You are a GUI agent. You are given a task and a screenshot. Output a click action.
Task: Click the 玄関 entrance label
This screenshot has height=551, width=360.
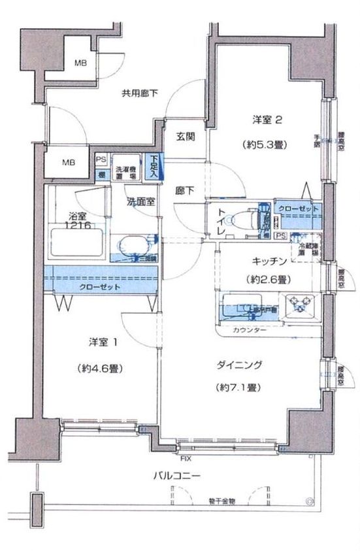pos(185,137)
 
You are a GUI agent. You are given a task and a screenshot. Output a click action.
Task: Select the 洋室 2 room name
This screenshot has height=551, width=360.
pos(268,120)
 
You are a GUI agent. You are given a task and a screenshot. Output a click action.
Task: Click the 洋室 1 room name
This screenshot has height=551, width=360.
pos(103,342)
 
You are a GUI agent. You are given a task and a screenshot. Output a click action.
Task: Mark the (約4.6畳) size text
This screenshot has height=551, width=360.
pos(102,367)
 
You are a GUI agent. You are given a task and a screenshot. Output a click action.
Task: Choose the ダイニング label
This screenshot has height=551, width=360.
pos(239,364)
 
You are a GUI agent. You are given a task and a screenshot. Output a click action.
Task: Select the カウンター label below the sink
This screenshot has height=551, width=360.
pos(250,331)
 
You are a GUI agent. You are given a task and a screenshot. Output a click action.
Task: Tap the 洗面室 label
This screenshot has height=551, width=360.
pos(140,202)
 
